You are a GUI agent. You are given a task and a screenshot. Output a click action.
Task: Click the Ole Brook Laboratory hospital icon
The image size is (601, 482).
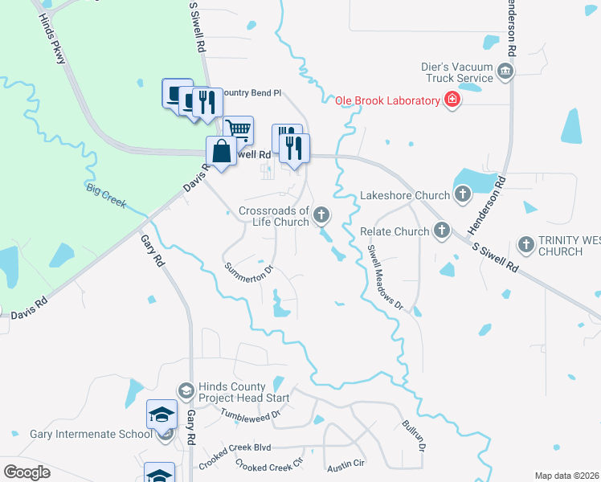453,100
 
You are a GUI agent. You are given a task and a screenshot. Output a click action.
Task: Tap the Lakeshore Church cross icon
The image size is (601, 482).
462,194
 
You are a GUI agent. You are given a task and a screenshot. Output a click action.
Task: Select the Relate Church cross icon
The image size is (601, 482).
441,231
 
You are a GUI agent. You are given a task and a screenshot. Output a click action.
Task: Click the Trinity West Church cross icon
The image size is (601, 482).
526,243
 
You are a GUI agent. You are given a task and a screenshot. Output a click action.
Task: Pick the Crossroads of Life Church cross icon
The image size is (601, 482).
321,214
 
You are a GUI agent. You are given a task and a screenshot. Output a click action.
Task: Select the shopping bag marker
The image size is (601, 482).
221,150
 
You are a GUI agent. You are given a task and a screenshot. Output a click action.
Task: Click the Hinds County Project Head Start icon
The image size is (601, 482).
186,391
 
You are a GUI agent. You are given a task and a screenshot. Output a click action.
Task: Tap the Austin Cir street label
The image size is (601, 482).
345,465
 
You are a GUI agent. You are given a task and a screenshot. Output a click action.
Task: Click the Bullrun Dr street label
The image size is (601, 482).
415,438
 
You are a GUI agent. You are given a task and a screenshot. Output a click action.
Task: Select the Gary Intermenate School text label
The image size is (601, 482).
91,434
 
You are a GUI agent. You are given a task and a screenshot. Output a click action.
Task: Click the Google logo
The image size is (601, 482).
27,472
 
